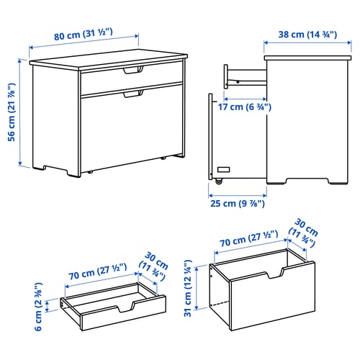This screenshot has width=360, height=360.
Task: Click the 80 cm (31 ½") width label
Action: [x=84, y=35]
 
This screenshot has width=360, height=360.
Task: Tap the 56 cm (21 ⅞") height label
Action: [x=12, y=112]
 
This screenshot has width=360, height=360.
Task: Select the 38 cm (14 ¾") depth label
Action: [x=307, y=35]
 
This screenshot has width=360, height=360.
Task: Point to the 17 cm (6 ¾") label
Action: [x=245, y=107]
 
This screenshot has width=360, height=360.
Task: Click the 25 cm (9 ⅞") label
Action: [x=238, y=204]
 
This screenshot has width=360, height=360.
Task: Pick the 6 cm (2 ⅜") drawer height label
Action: [x=39, y=307]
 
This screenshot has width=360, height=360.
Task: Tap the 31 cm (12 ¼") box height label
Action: [x=188, y=288]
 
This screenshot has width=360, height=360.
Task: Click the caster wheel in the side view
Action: [x=219, y=181]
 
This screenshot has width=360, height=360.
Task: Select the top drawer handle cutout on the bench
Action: [x=133, y=70]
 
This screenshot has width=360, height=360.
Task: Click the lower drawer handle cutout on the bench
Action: [x=133, y=94]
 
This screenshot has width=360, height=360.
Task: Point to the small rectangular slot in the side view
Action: [x=223, y=170]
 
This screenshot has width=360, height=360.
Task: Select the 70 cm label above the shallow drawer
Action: [x=97, y=271]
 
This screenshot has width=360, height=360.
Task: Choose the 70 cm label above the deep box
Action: [x=249, y=238]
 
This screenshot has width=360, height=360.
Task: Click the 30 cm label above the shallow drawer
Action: [x=154, y=266]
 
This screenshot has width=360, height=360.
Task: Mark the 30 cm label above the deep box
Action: [x=304, y=233]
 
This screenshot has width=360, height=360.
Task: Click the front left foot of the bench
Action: [x=73, y=174]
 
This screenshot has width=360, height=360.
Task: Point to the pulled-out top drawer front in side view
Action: [x=226, y=76]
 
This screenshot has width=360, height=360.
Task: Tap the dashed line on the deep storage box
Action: [x=219, y=303]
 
